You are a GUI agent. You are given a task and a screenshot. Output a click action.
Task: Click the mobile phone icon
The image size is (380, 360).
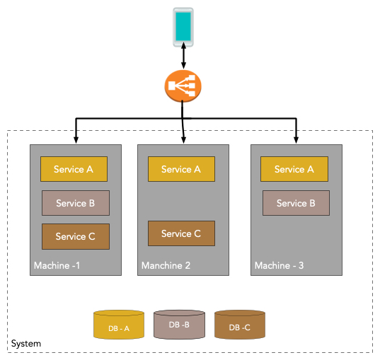(x=183, y=27)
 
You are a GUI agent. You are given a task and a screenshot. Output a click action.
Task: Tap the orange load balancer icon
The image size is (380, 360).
(x=183, y=86)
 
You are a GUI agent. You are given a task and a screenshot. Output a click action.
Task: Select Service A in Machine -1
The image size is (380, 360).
(x=74, y=169)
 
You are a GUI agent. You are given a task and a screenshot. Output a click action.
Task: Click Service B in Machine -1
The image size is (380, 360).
(x=76, y=203)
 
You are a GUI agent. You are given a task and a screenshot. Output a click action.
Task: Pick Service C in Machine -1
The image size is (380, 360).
(x=76, y=236)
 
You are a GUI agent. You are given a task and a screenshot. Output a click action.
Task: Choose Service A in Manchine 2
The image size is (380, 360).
(x=182, y=169)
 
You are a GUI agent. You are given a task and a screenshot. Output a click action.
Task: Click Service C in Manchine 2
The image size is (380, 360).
(x=182, y=233)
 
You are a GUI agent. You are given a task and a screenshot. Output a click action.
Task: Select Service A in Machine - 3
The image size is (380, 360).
(x=294, y=169)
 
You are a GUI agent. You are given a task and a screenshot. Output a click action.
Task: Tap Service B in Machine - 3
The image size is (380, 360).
(x=296, y=203)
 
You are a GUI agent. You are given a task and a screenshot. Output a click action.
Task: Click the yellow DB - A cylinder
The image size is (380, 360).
(x=119, y=325)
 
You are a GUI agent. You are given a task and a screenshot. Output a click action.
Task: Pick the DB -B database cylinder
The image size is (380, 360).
(x=179, y=325)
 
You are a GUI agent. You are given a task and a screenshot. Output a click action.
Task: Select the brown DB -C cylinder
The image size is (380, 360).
(x=240, y=325)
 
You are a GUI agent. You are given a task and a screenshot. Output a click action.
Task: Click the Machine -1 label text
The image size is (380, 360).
(x=57, y=265)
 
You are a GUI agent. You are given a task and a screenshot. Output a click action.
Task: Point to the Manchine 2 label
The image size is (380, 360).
(x=166, y=265)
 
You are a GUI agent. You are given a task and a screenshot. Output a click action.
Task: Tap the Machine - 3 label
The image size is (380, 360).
(x=280, y=265)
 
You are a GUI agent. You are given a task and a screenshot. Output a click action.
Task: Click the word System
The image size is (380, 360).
(x=26, y=344)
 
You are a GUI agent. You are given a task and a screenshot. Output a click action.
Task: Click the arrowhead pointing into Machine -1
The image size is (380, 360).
(x=76, y=140)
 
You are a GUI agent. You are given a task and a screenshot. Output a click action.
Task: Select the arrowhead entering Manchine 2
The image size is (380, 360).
(x=184, y=140)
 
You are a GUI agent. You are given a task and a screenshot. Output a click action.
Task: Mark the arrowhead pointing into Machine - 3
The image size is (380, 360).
(x=296, y=140)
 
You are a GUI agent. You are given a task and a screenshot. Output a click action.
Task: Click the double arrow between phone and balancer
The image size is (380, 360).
(x=183, y=56)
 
